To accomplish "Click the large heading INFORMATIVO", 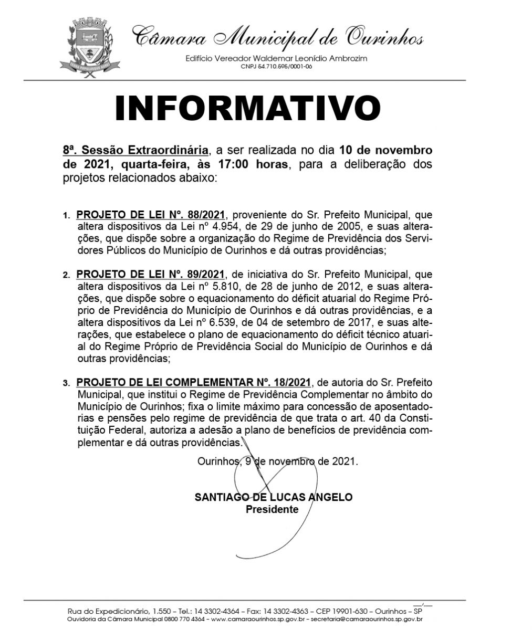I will click(x=247, y=108).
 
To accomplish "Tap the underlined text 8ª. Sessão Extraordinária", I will click(x=136, y=151).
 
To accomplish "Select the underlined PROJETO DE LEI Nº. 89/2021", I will click(x=151, y=274).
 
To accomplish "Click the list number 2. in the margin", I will click(x=66, y=275).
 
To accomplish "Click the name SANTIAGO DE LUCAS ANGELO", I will click(x=273, y=497).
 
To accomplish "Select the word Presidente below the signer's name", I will click(x=272, y=509).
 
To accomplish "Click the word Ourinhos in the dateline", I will click(x=217, y=462).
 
